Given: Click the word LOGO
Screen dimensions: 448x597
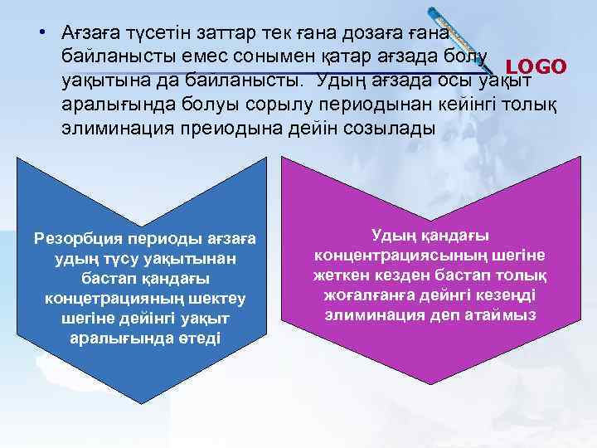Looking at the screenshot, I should click(536, 66).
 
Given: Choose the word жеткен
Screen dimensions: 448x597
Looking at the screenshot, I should click(339, 275).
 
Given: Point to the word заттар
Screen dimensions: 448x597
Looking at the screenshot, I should click(222, 33).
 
